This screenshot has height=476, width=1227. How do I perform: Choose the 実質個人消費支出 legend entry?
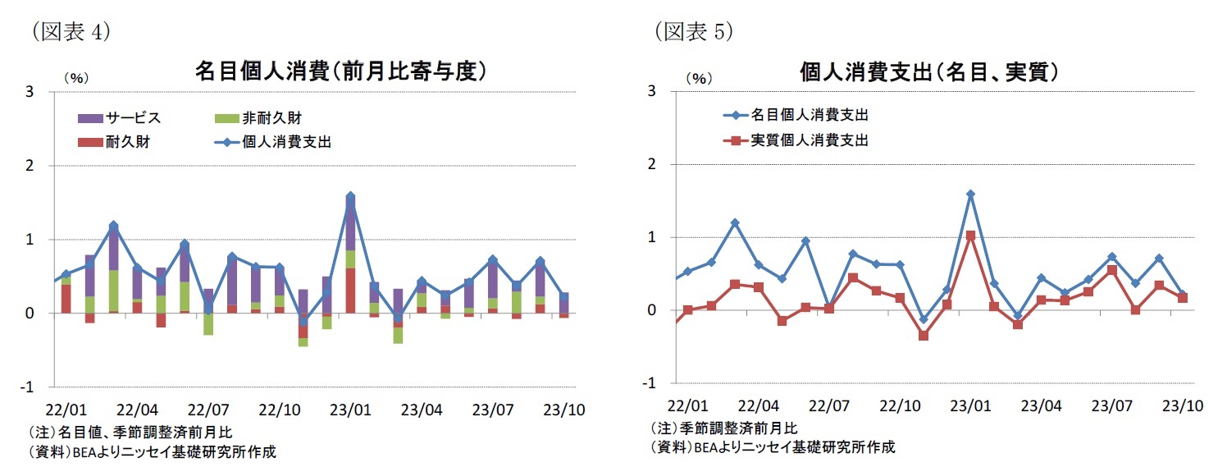pyautogui.click(x=809, y=140)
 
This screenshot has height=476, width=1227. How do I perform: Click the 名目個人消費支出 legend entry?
pyautogui.click(x=809, y=115)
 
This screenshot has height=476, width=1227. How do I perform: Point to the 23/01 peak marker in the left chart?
pyautogui.click(x=350, y=197)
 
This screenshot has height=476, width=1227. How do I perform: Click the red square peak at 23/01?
pyautogui.click(x=970, y=236)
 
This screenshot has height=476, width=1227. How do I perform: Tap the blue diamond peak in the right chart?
pyautogui.click(x=970, y=195)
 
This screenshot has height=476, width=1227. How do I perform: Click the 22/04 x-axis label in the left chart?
pyautogui.click(x=138, y=408)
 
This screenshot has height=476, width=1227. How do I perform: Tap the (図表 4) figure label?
pyautogui.click(x=71, y=31)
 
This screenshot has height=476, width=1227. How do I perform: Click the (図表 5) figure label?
pyautogui.click(x=693, y=31)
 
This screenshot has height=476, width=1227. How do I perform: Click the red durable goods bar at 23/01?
pyautogui.click(x=350, y=291)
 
